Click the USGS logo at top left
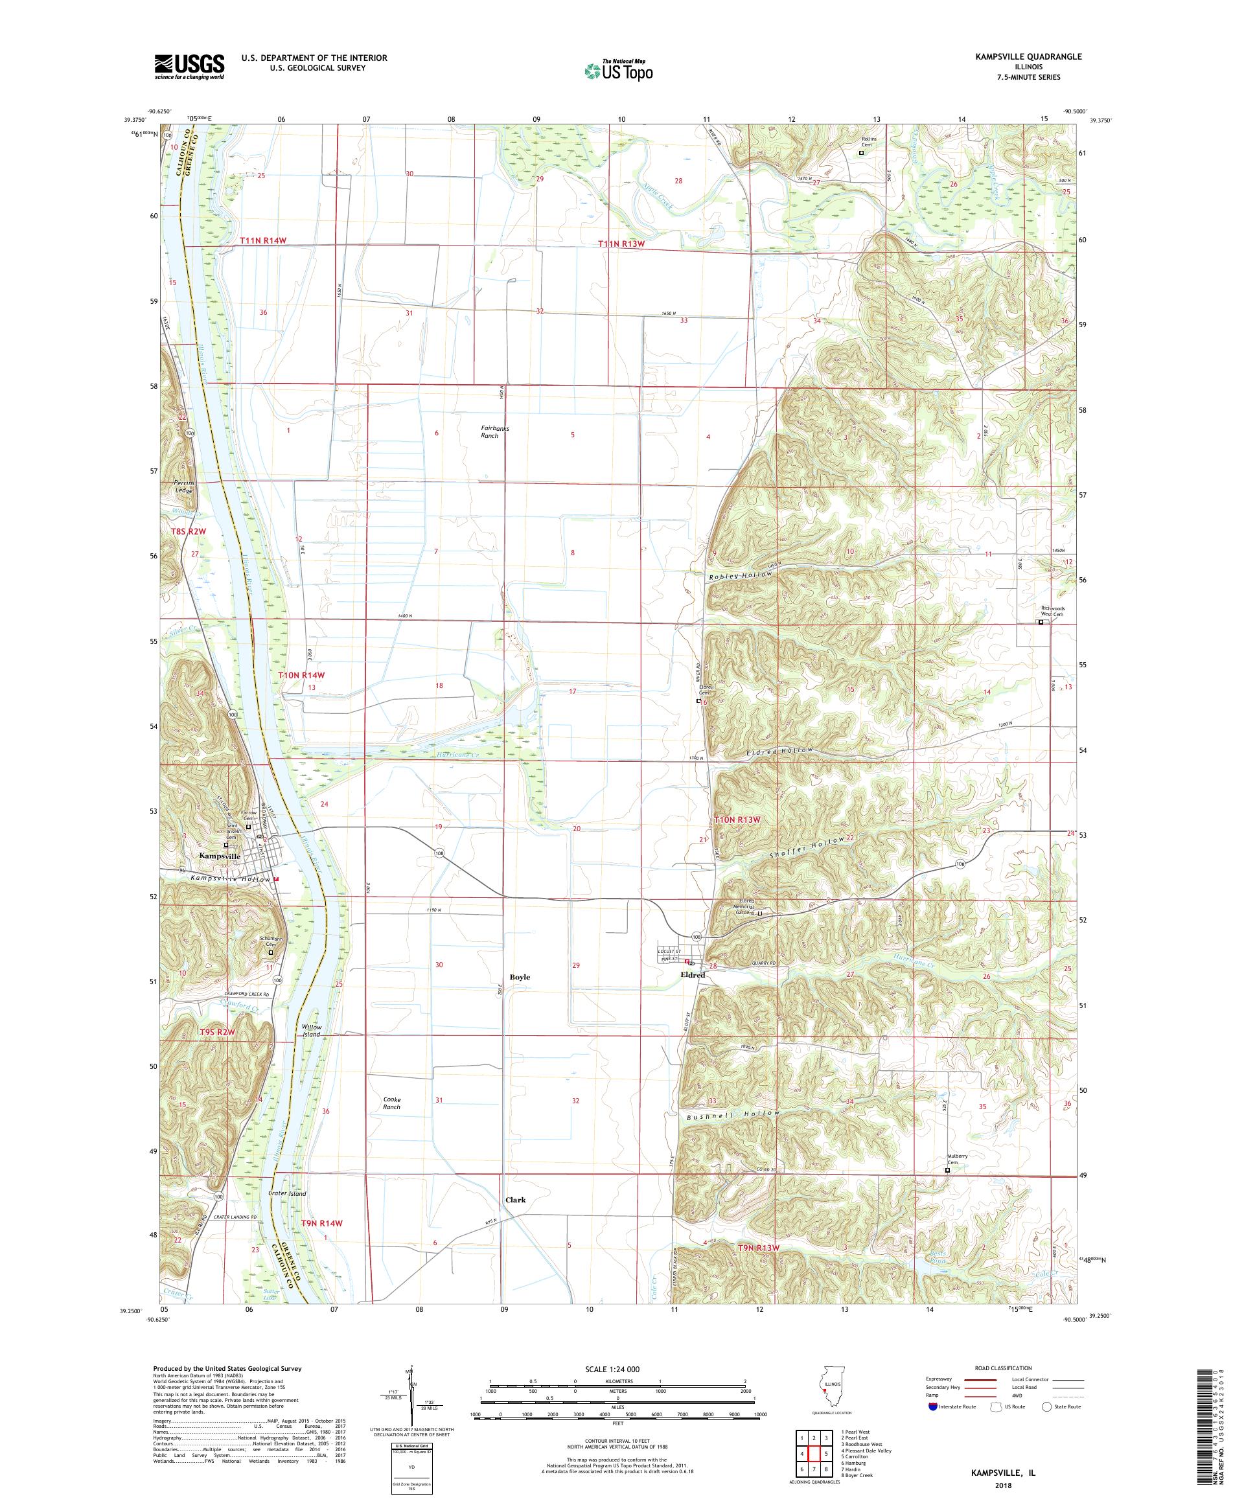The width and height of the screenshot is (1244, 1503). (190, 67)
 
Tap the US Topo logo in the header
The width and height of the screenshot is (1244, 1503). (620, 70)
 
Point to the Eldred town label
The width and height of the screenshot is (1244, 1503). (693, 975)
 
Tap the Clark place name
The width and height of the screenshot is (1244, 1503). (515, 1200)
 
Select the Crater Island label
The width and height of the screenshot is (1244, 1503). (287, 1194)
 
